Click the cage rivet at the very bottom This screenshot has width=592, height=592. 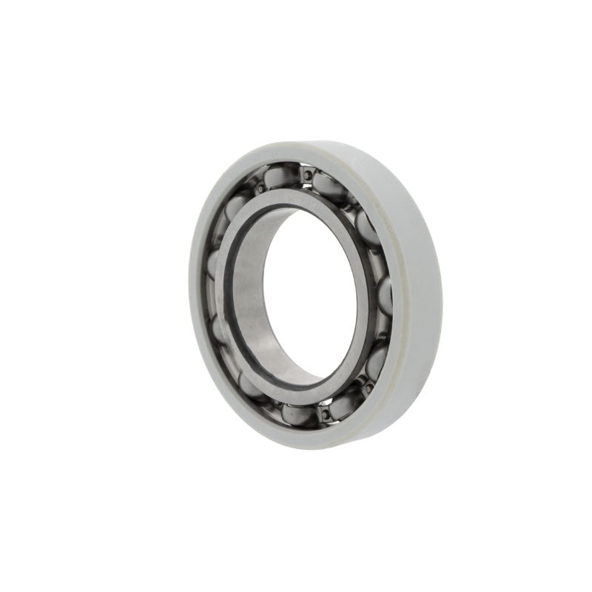tap(323, 415)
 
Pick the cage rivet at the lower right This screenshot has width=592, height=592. tap(365, 386)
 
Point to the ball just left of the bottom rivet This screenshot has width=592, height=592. tap(298, 414)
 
